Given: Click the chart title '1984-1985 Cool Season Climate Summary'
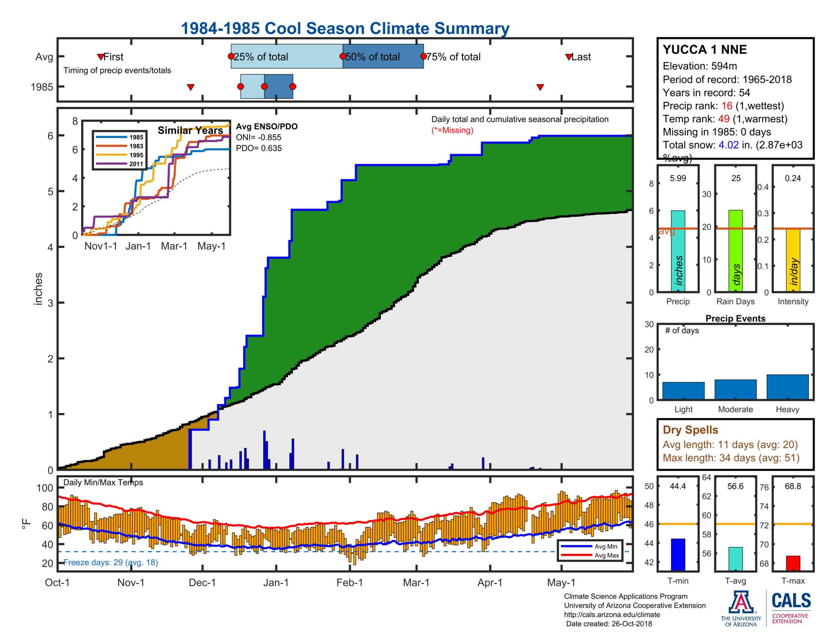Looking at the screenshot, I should [345, 29].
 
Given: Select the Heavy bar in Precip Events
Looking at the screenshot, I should [787, 387].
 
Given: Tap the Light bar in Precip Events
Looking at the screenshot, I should [683, 390].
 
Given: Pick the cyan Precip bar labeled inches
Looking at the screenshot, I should [677, 251].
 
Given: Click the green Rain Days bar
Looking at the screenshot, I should [735, 251].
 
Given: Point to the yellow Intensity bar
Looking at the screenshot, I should [792, 260].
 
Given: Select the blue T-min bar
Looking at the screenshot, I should [677, 554].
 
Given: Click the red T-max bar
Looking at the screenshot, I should [792, 563].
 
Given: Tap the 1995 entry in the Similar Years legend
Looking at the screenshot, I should [136, 155].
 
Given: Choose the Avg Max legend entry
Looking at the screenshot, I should [606, 555].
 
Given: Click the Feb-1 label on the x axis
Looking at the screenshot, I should [349, 583].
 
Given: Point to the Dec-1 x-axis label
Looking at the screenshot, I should [202, 583].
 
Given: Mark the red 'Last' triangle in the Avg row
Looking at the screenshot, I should [569, 57].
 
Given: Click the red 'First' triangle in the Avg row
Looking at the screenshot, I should [101, 57].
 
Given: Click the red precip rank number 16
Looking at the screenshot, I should [726, 106].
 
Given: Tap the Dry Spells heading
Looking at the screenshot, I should [690, 430].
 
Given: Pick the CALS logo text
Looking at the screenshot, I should [791, 601].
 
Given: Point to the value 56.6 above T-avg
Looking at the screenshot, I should [735, 486].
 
